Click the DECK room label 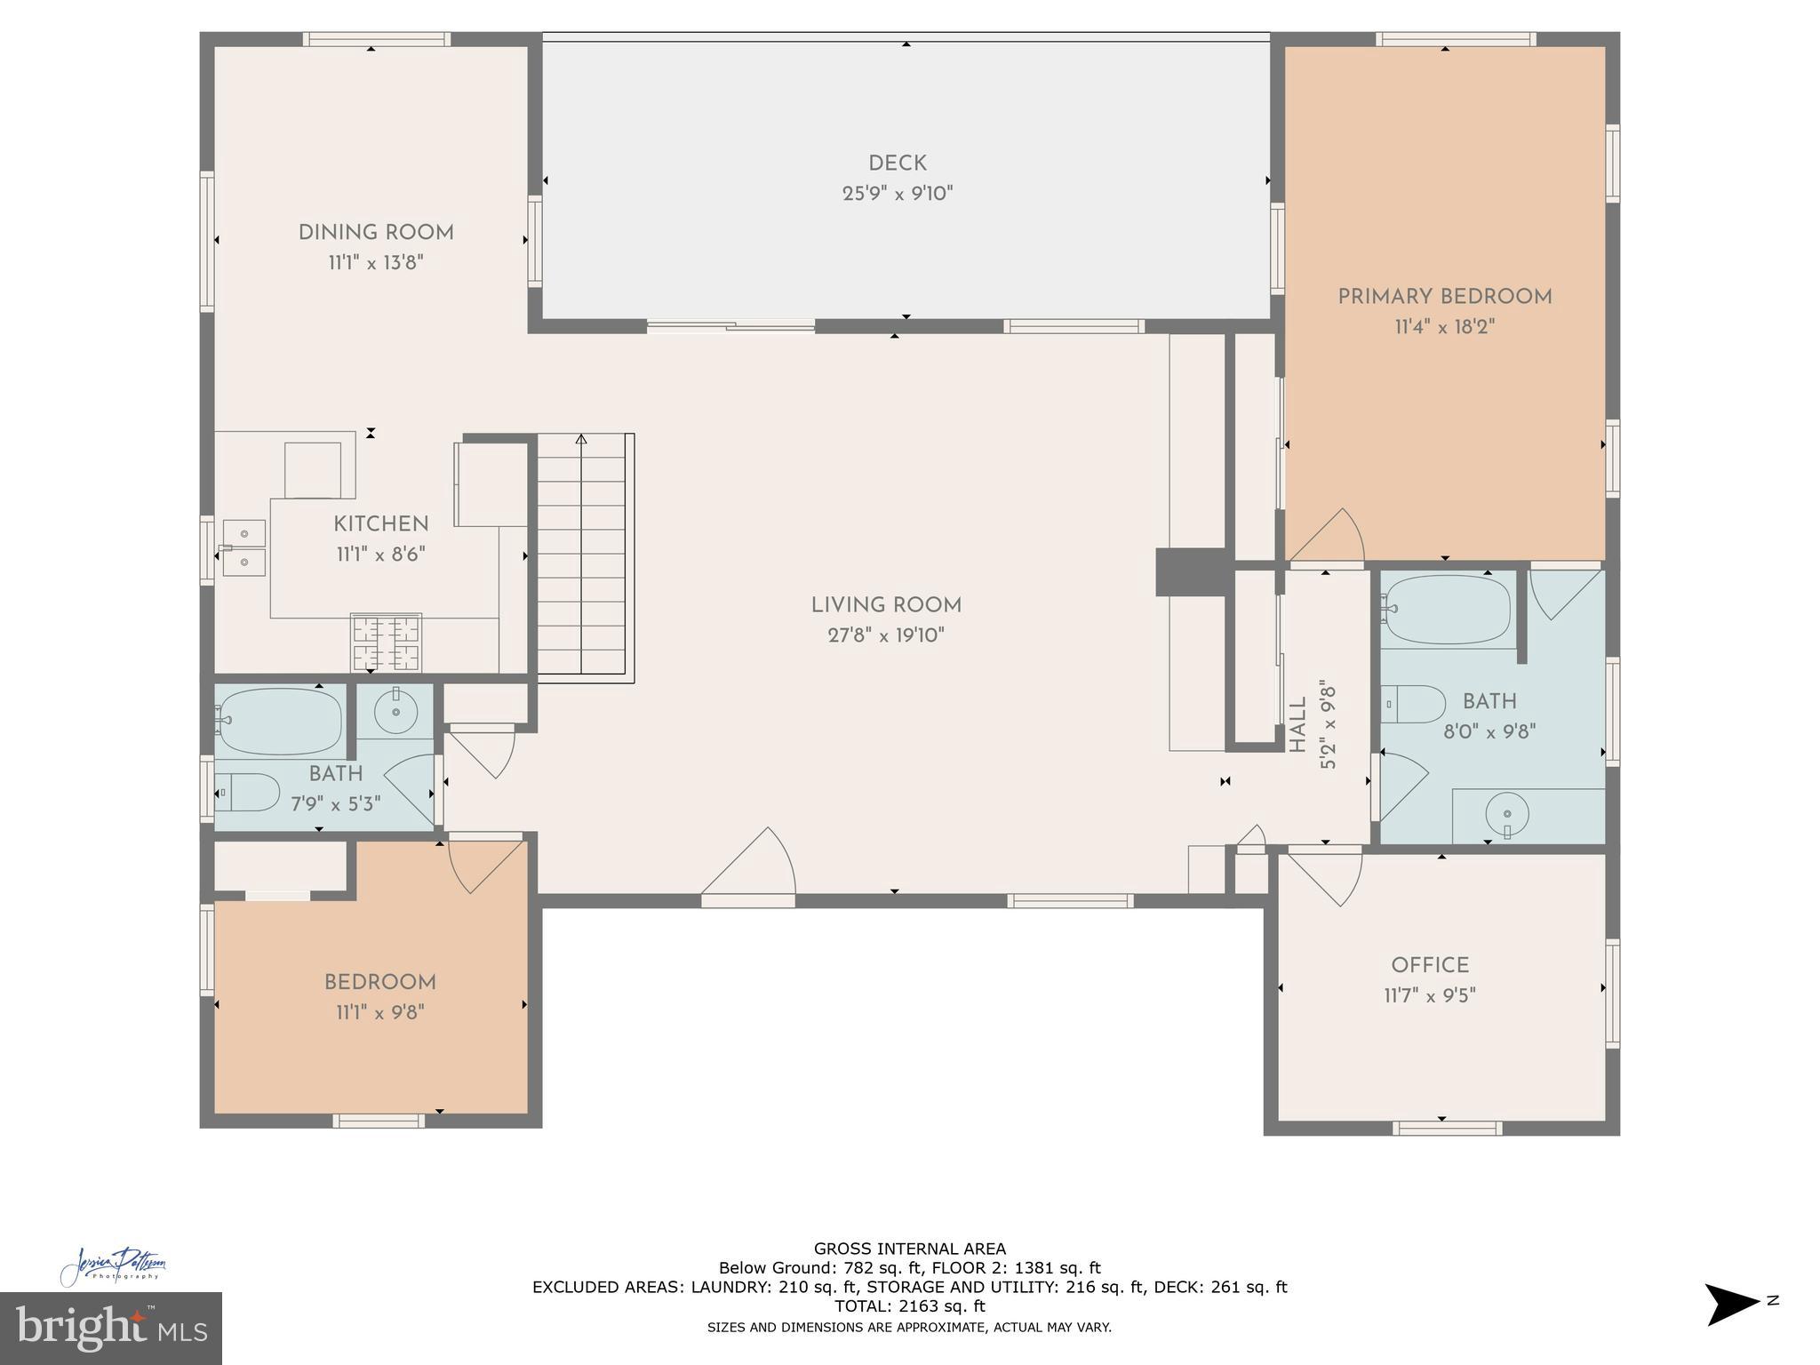point(897,164)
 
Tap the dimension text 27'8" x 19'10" point(885,635)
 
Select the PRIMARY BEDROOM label point(1444,297)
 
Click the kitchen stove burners point(386,643)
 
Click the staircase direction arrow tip point(581,438)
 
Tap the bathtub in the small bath point(280,721)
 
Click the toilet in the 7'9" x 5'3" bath point(248,792)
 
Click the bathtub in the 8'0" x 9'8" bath point(1448,609)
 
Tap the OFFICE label point(1429,965)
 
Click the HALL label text point(1297,724)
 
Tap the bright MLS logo point(110,1329)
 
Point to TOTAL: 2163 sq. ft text point(909,1306)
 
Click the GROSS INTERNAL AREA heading point(909,1249)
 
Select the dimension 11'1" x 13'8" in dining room point(375,263)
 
